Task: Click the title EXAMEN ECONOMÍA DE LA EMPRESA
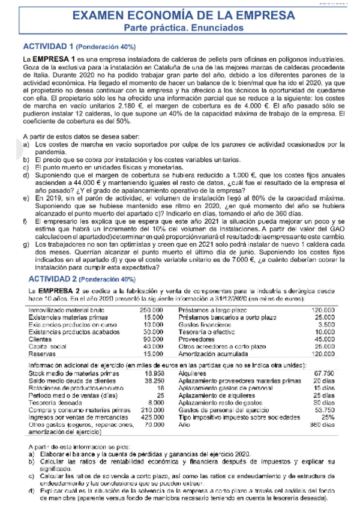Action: tap(179, 15)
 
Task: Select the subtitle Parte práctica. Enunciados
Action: tap(179, 28)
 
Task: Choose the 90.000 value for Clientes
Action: tap(154, 339)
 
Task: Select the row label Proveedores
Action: tap(197, 339)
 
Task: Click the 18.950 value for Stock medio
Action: tap(154, 372)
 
